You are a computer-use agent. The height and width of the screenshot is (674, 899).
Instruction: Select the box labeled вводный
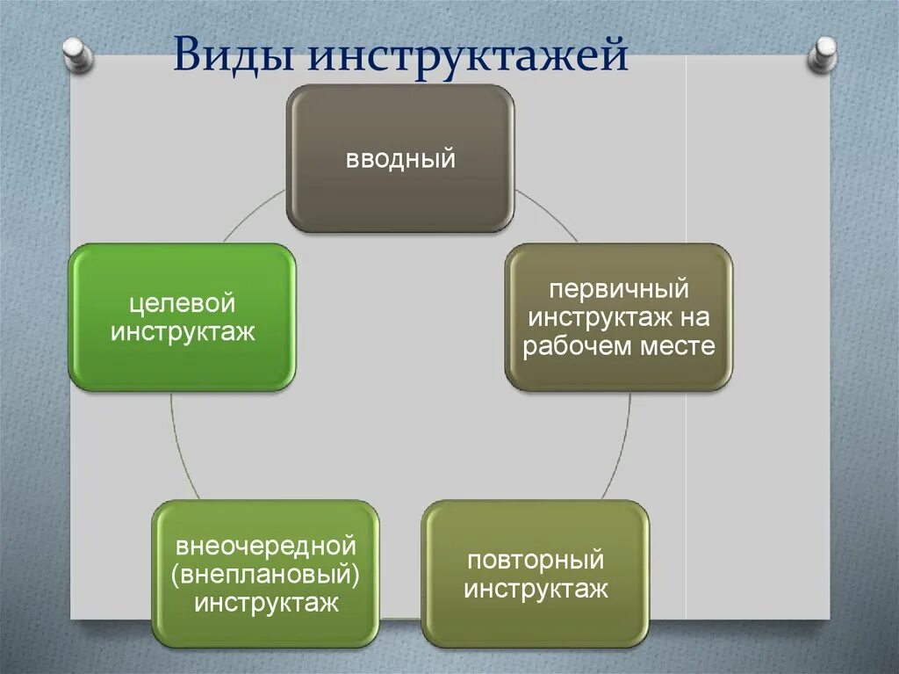[400, 158]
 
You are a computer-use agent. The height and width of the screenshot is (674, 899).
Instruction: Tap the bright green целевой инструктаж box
[182, 316]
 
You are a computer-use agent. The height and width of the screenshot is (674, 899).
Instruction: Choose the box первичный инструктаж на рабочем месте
[618, 316]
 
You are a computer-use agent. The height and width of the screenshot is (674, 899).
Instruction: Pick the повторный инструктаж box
[536, 573]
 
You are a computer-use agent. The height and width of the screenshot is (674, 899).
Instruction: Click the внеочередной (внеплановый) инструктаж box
[266, 573]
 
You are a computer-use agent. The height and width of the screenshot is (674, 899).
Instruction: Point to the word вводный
[400, 160]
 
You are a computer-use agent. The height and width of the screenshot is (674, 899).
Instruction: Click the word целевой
[183, 303]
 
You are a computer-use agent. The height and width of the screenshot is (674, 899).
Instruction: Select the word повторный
[536, 560]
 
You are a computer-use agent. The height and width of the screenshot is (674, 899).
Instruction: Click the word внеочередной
[265, 546]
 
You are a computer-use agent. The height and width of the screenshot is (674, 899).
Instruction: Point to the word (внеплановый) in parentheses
[266, 575]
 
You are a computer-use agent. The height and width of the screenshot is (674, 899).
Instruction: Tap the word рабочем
[579, 346]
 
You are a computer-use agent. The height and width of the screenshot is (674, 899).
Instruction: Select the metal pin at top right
[823, 54]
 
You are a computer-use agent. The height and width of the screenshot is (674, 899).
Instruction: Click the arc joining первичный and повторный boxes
[621, 448]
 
